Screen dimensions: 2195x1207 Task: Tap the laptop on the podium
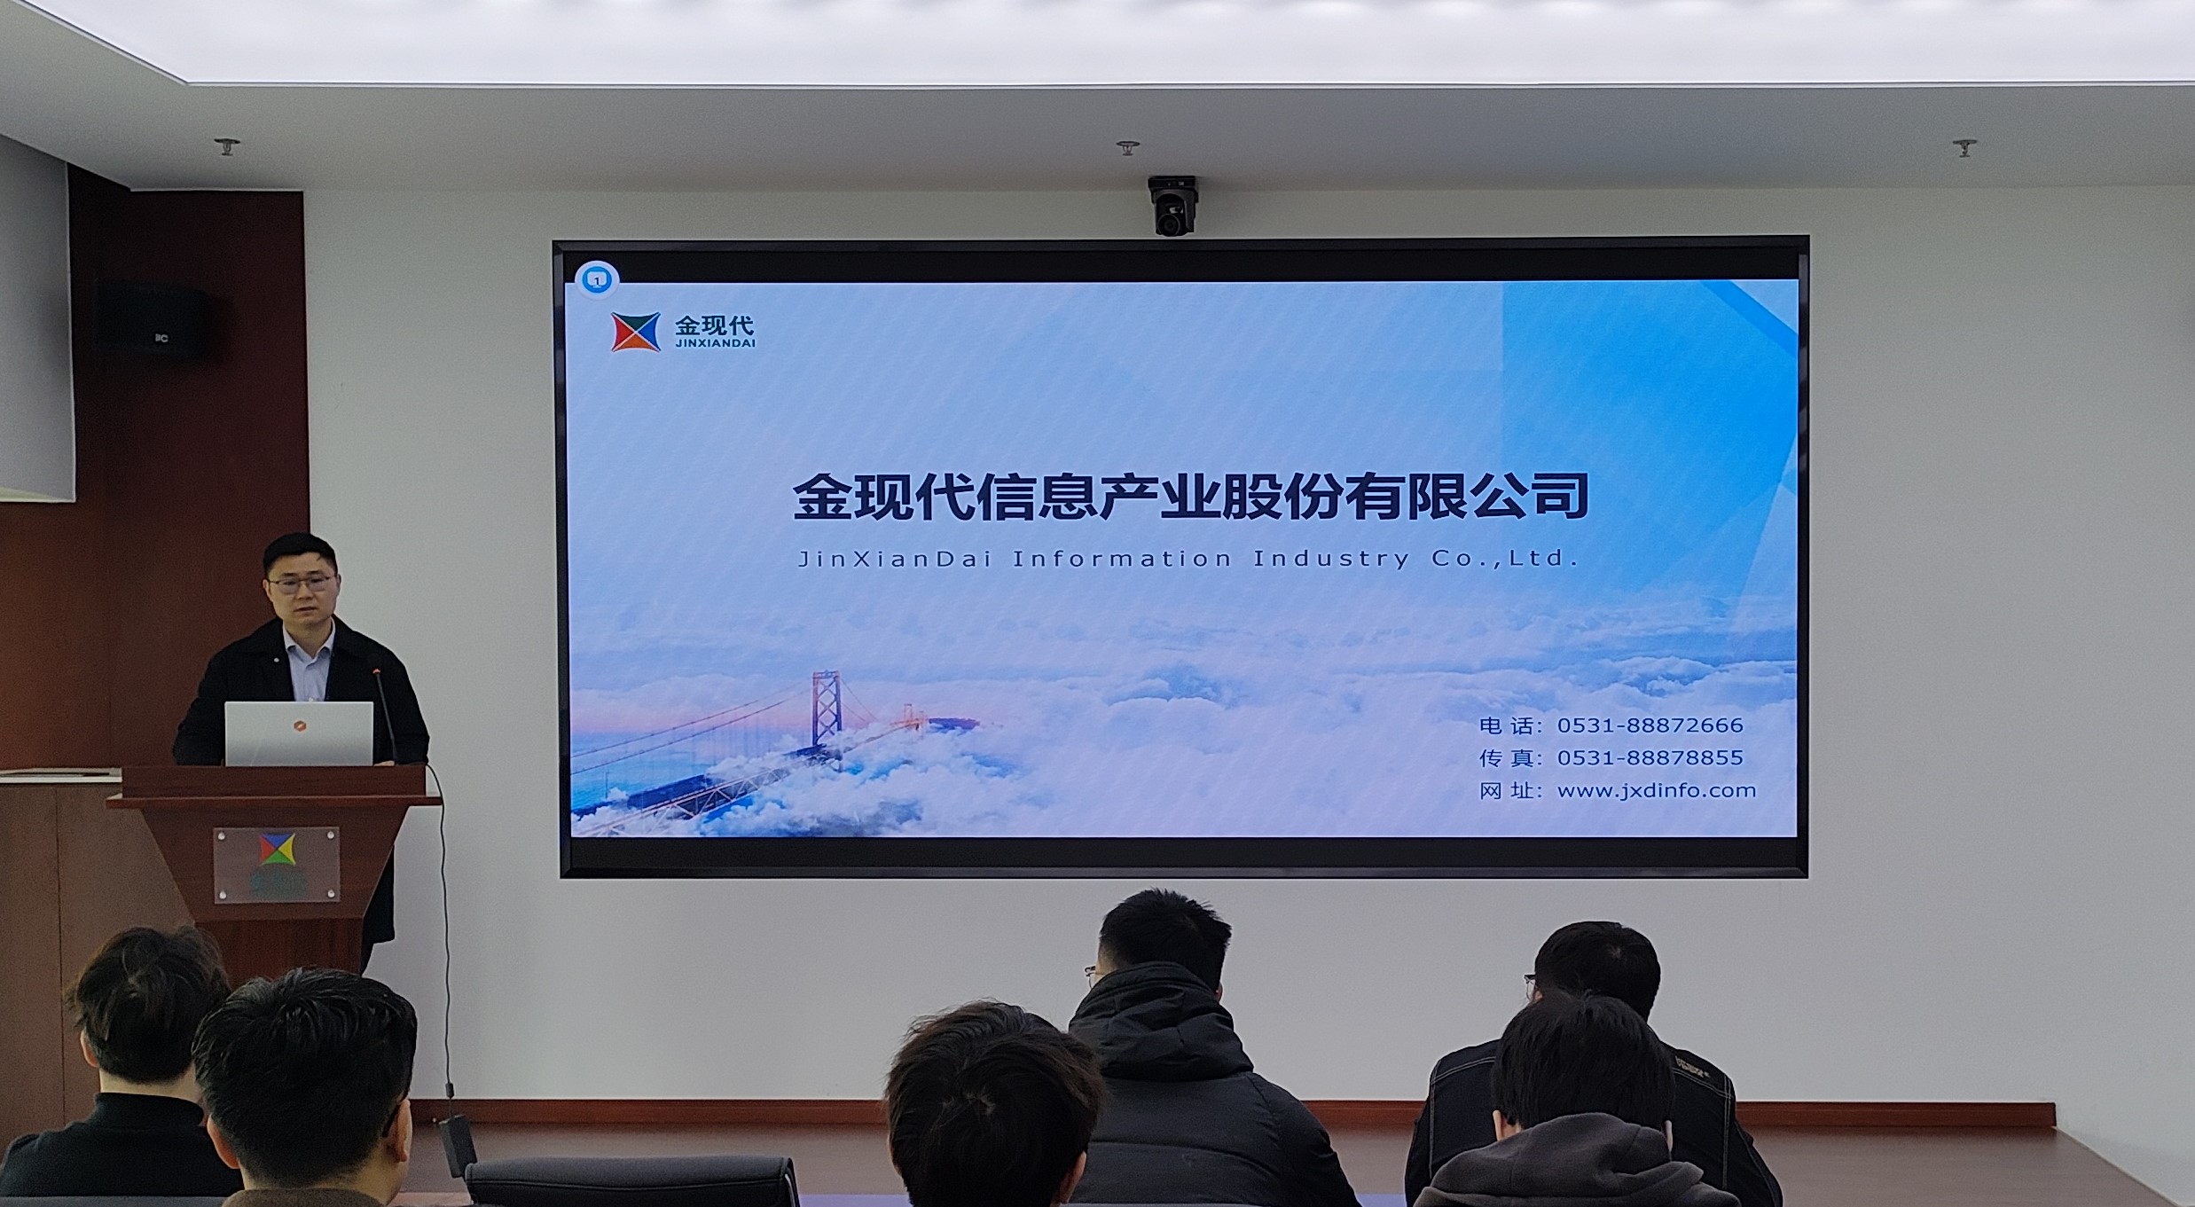[299, 733]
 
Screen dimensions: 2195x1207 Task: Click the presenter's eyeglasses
[302, 584]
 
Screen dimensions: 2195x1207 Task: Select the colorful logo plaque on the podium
[276, 865]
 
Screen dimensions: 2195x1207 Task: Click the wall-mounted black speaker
[153, 320]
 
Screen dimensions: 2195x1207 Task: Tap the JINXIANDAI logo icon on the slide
[635, 332]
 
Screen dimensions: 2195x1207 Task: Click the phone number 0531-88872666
[1650, 725]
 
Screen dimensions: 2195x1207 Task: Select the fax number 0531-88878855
[1650, 758]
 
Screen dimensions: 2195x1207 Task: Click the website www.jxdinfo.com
[1657, 791]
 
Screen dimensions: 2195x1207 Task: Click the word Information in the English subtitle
[1122, 559]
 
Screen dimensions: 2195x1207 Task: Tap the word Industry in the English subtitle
[1330, 560]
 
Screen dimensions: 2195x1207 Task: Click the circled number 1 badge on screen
[597, 280]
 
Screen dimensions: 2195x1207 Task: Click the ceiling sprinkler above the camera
[1127, 147]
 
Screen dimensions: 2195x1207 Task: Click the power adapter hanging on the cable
[457, 1146]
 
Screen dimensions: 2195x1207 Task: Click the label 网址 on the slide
[1505, 791]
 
